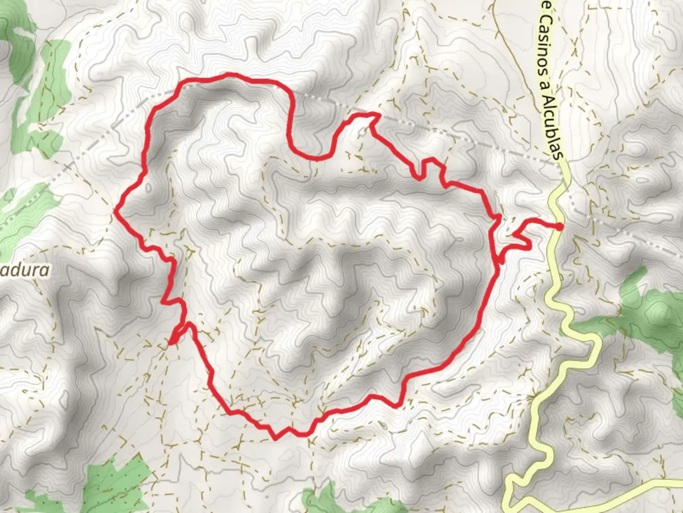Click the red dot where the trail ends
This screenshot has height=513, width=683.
click(x=560, y=227)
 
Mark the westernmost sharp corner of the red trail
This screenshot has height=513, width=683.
click(x=116, y=212)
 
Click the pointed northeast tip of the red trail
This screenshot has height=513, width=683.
click(x=378, y=114)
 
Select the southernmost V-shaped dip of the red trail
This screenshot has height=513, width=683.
click(x=276, y=437)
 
